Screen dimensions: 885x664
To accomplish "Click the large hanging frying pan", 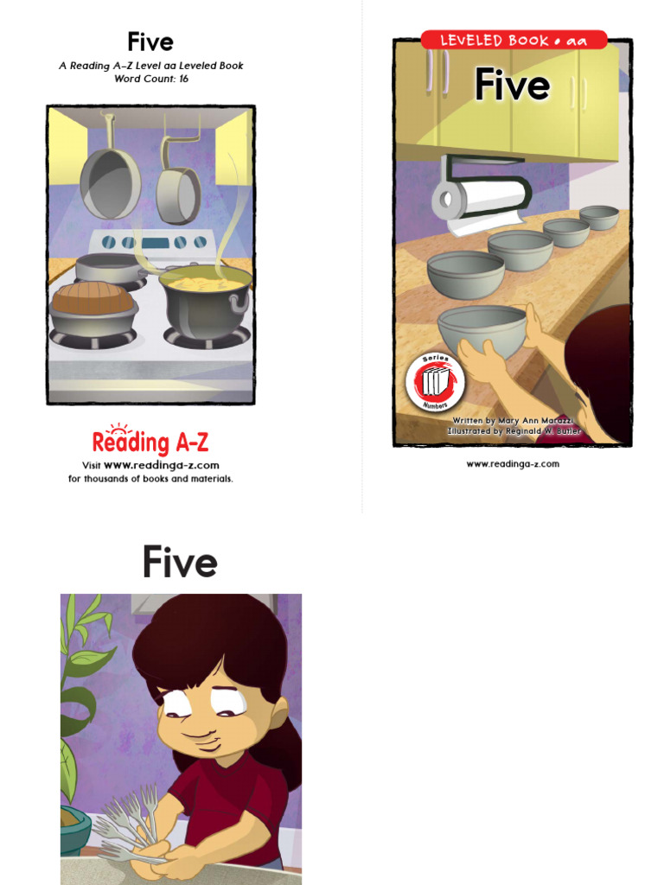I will [x=110, y=181].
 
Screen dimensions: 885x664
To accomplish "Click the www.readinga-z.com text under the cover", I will [x=513, y=464].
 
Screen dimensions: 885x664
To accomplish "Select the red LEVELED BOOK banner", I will [x=513, y=41].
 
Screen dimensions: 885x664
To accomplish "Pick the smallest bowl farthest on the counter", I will [x=598, y=216].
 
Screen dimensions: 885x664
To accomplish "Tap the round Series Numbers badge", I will [x=435, y=381].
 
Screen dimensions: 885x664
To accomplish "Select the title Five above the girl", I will [x=180, y=563].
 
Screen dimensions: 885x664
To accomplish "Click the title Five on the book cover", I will [x=512, y=86].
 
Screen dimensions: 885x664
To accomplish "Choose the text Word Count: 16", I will [x=151, y=79].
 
